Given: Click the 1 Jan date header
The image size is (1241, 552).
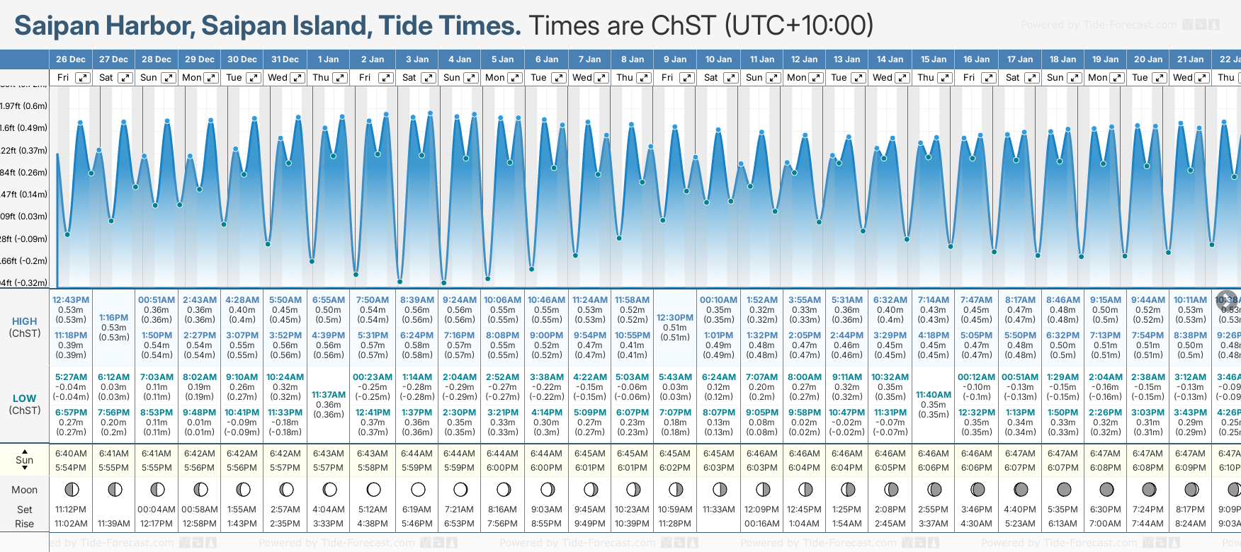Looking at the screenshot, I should click(328, 59).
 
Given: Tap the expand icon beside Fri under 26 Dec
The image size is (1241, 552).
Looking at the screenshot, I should click(83, 78).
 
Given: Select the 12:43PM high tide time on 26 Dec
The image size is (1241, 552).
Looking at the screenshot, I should click(71, 300).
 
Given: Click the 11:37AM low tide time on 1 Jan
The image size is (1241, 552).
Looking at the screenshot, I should click(329, 395).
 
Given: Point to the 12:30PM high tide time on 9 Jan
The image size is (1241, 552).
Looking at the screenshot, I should click(675, 318).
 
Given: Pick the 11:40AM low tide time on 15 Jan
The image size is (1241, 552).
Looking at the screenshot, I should click(934, 395).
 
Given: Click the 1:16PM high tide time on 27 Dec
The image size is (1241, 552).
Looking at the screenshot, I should click(114, 318).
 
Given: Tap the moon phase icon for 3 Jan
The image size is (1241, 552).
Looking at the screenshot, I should click(418, 490).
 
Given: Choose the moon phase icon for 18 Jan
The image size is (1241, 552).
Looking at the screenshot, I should click(1064, 490).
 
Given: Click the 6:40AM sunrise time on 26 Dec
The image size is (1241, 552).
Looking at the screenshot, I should click(71, 454).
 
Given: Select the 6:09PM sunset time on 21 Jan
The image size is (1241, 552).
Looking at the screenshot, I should click(1191, 468).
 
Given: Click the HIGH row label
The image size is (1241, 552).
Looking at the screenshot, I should click(24, 321).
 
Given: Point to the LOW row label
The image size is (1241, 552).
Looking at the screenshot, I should click(24, 398).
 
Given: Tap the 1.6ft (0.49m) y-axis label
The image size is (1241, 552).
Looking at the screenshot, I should click(24, 128).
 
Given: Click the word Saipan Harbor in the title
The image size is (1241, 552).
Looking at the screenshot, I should click(103, 26).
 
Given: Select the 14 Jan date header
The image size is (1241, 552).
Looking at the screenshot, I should click(890, 59).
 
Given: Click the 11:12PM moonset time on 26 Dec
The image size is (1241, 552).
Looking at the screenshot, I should click(71, 510).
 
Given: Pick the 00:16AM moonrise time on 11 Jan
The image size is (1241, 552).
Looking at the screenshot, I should click(762, 524).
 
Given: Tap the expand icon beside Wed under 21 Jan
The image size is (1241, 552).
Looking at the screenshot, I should click(1202, 78).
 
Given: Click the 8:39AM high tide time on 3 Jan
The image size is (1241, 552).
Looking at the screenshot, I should click(417, 300).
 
